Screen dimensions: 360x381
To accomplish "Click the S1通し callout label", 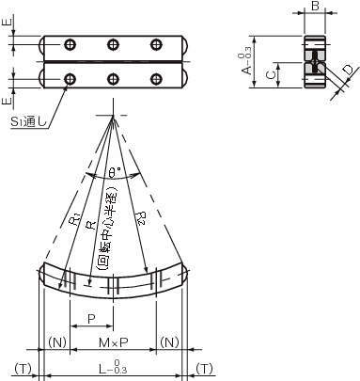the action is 29,121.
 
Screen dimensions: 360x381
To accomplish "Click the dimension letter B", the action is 316,6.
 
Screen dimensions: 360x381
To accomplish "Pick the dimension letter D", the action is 348,70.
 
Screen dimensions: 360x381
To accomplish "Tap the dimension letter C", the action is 271,74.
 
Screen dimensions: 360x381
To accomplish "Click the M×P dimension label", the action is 113,342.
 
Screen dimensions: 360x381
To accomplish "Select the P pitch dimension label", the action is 91,319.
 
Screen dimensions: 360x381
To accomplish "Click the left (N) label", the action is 57,342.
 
